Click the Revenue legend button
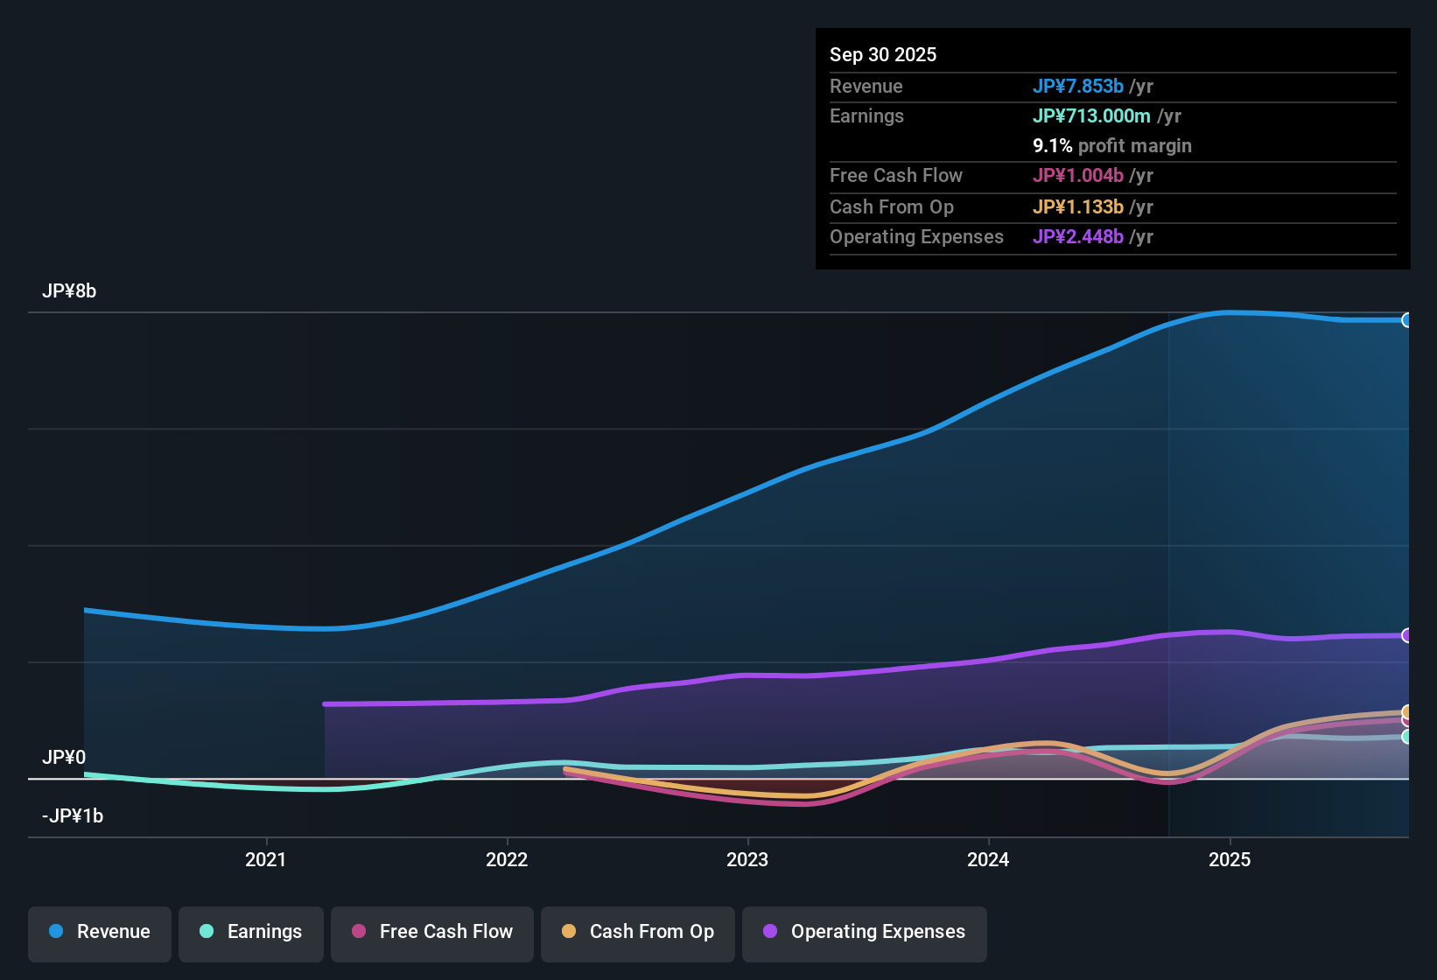coord(100,932)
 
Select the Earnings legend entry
coord(251,932)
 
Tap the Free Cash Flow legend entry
coord(432,932)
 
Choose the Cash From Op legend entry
coord(638,932)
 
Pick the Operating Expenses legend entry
coord(865,932)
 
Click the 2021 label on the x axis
coord(265,860)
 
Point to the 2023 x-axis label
coord(747,860)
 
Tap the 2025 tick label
coord(1230,860)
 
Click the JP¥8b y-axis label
coord(69,291)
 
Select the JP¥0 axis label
coord(64,758)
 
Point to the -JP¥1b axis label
coord(73,816)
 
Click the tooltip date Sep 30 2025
coord(883,55)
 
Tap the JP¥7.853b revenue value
coord(1077,87)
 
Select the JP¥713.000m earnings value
coord(1091,116)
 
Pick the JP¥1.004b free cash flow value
coord(1077,176)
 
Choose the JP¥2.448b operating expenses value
coord(1077,237)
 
